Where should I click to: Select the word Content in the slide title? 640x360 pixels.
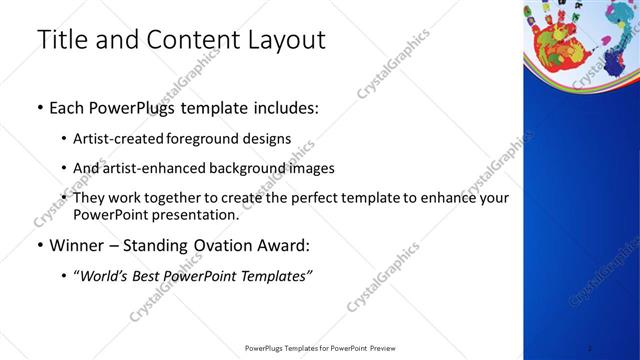[185, 40]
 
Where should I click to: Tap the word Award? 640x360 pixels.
[286, 244]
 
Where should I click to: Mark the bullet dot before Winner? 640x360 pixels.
[38, 244]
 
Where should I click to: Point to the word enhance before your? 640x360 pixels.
[451, 198]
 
